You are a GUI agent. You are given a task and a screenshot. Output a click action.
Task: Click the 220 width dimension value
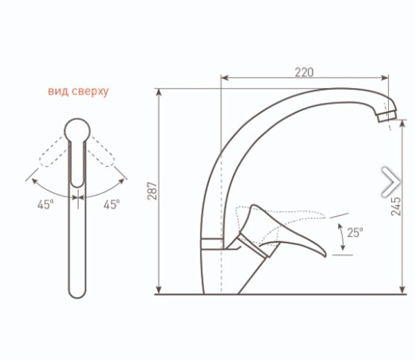tap(304, 72)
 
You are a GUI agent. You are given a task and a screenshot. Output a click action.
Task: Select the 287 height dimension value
tap(153, 190)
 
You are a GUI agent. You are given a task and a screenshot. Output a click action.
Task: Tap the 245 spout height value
tap(396, 206)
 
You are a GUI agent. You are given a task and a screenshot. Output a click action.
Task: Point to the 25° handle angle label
tap(355, 233)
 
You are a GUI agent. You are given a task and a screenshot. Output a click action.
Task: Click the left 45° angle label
tap(45, 204)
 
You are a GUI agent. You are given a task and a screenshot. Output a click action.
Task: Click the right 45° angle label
tap(111, 204)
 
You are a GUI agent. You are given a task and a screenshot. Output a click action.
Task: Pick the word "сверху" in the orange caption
tap(90, 91)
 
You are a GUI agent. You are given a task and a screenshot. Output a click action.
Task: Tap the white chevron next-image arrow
tap(391, 182)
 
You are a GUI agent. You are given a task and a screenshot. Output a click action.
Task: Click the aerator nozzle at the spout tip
tap(387, 116)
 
